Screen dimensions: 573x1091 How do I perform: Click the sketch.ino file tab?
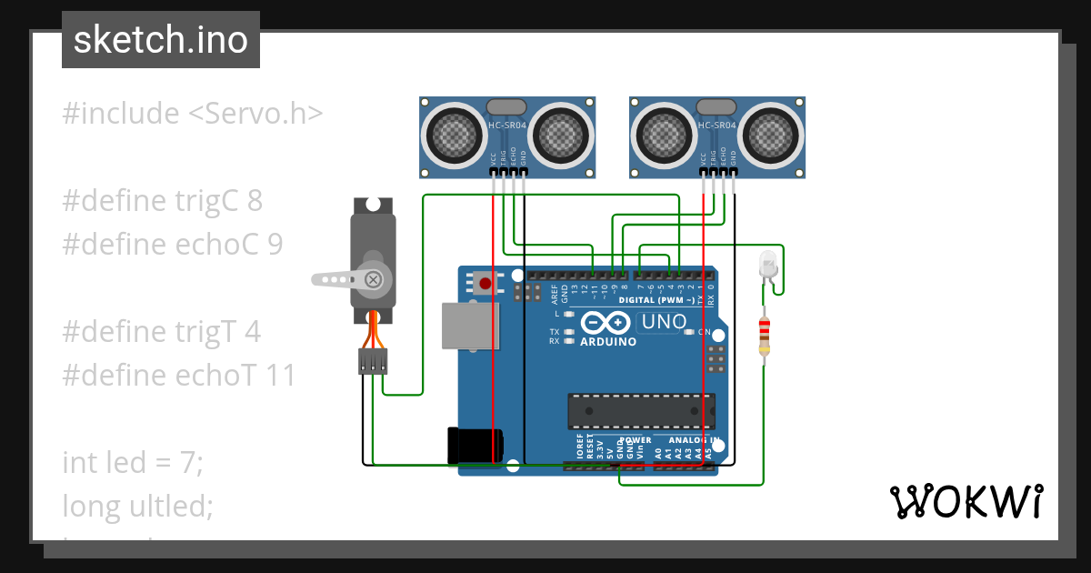coord(161,40)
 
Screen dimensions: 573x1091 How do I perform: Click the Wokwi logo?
coord(965,501)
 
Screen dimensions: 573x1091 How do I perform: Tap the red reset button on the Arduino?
coord(485,284)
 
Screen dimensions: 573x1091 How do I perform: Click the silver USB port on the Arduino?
coord(470,326)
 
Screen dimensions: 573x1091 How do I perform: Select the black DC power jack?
coord(475,445)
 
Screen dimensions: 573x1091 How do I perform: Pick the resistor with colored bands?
coord(764,337)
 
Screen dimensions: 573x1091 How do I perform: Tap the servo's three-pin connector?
coord(372,361)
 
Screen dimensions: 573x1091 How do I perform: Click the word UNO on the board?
coord(664,321)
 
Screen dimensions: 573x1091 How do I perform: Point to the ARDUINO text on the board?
coord(608,342)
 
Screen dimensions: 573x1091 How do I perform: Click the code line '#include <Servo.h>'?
coord(193,114)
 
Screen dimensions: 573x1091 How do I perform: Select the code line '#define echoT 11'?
coord(179,375)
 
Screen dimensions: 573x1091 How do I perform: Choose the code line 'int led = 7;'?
coord(133,462)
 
